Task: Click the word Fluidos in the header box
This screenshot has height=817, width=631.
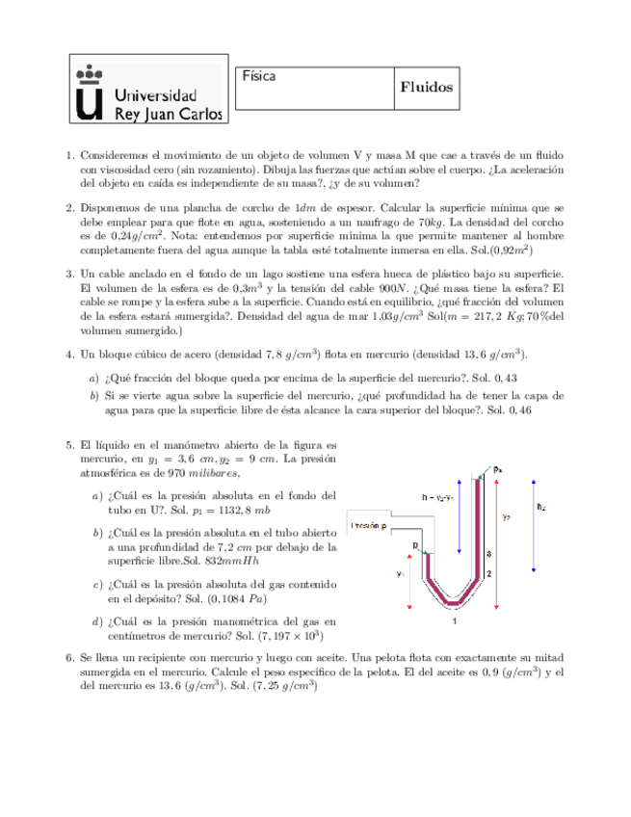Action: click(426, 87)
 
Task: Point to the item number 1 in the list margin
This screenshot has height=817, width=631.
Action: click(69, 155)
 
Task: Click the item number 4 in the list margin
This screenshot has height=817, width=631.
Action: click(69, 355)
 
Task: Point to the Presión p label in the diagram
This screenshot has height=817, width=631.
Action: click(371, 526)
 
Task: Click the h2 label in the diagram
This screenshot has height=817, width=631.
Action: click(539, 505)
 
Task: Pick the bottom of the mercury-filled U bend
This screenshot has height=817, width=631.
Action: click(453, 603)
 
